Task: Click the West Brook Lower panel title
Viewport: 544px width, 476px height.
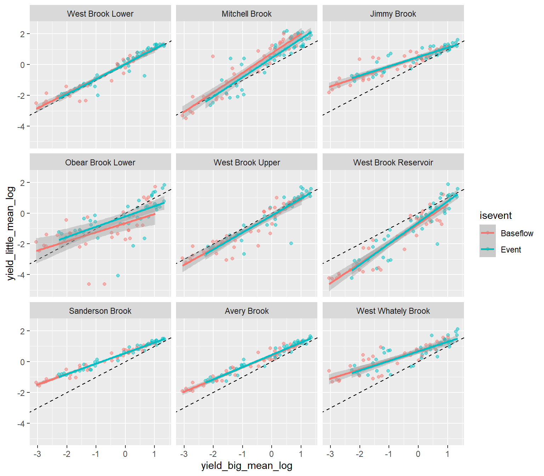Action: pos(100,14)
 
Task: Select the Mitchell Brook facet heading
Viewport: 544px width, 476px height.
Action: pos(246,14)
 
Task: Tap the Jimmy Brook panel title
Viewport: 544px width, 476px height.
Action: pos(393,14)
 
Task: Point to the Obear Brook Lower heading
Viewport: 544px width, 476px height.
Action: pos(100,163)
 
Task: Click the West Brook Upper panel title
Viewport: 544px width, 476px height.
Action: pos(246,163)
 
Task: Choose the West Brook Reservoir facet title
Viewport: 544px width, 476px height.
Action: pos(393,163)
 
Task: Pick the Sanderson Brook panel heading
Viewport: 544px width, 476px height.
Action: pos(100,311)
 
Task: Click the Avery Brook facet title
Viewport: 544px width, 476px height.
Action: pos(246,311)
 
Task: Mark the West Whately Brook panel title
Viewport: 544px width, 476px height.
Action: pos(393,311)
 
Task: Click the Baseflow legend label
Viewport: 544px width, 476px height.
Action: pos(517,233)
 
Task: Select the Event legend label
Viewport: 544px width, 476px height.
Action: pos(511,250)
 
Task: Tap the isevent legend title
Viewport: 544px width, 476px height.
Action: pos(495,215)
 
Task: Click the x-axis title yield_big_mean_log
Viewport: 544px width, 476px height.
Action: pos(246,466)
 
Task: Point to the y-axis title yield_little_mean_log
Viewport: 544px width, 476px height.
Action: pos(11,233)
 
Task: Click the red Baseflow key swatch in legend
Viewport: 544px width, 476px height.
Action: pos(488,233)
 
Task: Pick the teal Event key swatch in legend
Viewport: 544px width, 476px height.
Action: pos(488,249)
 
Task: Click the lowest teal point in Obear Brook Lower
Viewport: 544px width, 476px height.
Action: pos(118,276)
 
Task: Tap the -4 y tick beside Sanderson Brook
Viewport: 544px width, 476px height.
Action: pos(22,424)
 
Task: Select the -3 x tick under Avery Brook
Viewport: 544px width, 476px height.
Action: pos(184,454)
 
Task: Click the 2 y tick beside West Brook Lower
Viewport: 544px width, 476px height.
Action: pos(23,34)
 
